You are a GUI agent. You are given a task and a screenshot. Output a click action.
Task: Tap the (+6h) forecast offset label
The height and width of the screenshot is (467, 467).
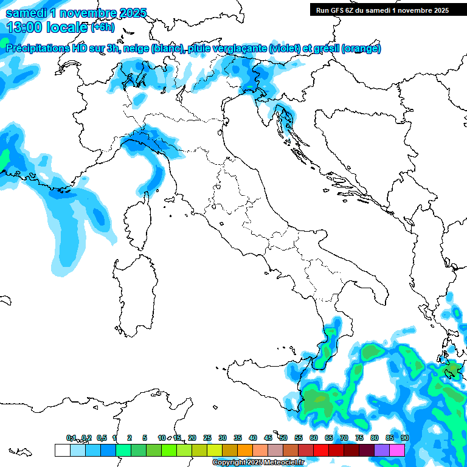pyautogui.click(x=102, y=27)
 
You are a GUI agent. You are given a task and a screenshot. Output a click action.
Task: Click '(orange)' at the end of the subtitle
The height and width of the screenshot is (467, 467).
pyautogui.click(x=361, y=49)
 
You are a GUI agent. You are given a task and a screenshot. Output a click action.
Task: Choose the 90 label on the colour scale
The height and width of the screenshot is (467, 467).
pyautogui.click(x=405, y=438)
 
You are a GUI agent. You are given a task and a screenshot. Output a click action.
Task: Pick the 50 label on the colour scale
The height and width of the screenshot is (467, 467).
pyautogui.click(x=283, y=438)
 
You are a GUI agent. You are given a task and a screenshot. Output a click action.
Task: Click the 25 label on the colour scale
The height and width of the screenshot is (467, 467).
pyautogui.click(x=207, y=438)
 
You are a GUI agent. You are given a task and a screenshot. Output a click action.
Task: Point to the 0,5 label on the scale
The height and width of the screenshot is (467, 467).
pyautogui.click(x=102, y=438)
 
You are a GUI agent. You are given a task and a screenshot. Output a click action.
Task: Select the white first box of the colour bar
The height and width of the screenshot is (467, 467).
pyautogui.click(x=62, y=450)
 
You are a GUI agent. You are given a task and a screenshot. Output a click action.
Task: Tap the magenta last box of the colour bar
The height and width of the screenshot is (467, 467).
pyautogui.click(x=397, y=450)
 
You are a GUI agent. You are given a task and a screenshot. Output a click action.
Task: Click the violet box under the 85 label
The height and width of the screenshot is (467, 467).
pyautogui.click(x=382, y=450)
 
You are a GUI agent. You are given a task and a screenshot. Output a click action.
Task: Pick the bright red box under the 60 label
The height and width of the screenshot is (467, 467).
pyautogui.click(x=321, y=450)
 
